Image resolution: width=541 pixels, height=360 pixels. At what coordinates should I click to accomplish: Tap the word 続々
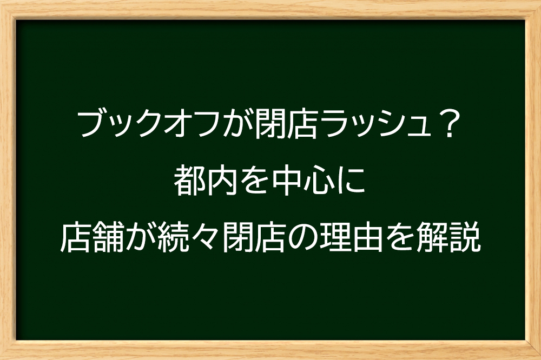(x=188, y=238)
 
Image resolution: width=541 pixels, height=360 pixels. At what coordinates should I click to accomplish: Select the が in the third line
(x=140, y=238)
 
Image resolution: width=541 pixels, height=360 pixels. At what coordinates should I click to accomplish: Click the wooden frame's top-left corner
(x=1, y=1)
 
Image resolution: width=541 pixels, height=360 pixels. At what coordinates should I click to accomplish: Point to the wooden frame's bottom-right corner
(x=540, y=359)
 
